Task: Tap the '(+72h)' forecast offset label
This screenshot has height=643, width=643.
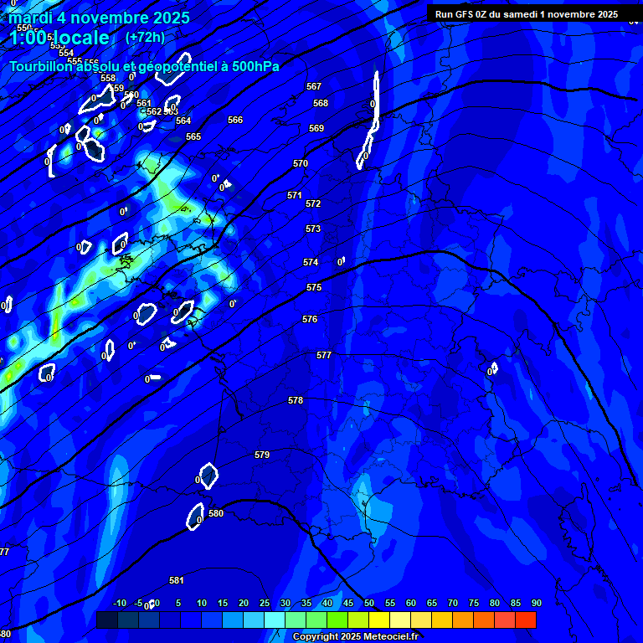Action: click(145, 37)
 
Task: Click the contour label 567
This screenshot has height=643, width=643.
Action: click(314, 86)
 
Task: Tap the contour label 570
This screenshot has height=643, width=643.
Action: click(301, 163)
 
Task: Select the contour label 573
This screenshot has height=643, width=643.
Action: click(313, 229)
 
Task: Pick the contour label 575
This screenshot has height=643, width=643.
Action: click(314, 287)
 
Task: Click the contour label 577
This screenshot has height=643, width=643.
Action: click(324, 355)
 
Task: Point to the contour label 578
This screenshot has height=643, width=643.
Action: click(296, 400)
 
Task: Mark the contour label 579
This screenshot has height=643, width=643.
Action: click(262, 455)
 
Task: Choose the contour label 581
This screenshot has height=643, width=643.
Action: click(177, 580)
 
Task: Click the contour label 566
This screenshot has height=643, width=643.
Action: click(235, 120)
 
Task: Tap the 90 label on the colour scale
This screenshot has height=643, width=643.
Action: click(537, 603)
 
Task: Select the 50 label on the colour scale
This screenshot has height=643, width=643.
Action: click(369, 603)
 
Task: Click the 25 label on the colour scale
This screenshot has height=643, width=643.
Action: click(265, 603)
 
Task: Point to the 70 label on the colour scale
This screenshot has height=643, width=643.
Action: click(453, 603)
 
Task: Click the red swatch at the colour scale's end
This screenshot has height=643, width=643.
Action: click(526, 620)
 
